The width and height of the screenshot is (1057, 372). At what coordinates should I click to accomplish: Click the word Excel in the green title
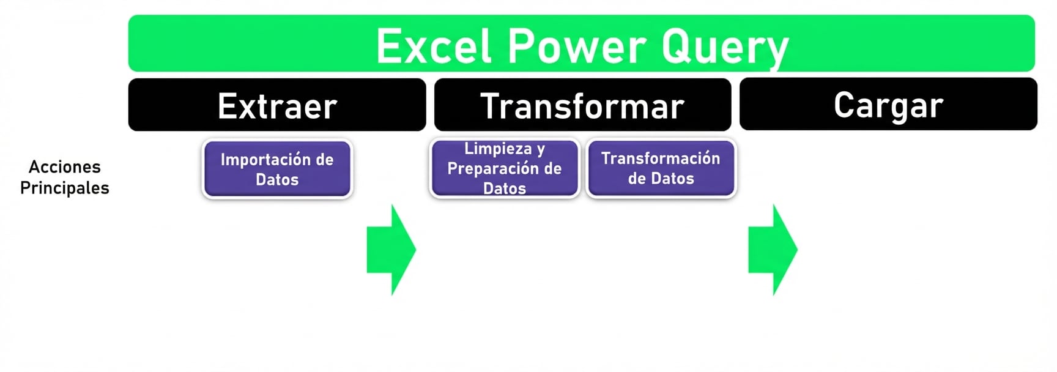tap(434, 46)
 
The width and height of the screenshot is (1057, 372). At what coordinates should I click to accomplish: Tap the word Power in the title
tap(577, 46)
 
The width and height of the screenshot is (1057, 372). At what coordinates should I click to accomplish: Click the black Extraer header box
tap(277, 105)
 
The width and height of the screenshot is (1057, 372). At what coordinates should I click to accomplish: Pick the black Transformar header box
tap(582, 105)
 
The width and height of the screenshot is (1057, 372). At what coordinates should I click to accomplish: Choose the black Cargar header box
tap(888, 105)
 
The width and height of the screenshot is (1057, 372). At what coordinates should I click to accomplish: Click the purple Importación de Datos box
tap(277, 169)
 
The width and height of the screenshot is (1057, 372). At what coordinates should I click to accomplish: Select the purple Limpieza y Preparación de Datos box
tap(505, 169)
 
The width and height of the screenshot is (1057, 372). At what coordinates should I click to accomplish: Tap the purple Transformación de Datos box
tap(661, 169)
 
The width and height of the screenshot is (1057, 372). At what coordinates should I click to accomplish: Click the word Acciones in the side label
tap(64, 166)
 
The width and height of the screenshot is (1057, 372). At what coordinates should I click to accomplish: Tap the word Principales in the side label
tap(64, 188)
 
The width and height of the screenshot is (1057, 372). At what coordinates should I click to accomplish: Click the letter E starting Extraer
tap(228, 106)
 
